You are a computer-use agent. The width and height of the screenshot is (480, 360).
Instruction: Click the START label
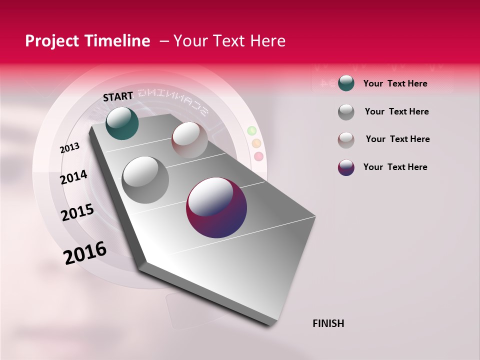118,96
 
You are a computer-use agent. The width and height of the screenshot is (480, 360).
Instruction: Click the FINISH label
328,323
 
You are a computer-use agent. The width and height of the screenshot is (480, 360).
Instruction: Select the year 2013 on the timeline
69,148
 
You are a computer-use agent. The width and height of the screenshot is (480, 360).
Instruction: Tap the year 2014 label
73,177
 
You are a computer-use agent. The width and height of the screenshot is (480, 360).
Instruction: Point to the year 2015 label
77,212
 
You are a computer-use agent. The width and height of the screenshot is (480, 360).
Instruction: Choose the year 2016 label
85,253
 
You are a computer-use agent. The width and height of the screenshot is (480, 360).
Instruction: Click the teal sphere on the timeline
122,123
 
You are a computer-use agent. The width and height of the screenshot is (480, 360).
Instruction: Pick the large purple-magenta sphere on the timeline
216,208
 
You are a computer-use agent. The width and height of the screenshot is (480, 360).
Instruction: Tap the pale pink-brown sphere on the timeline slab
189,139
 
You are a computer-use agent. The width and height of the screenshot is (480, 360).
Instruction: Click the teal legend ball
346,83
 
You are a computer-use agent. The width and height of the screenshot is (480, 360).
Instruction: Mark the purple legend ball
346,167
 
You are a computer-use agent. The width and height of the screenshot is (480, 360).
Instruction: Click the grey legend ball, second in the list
346,112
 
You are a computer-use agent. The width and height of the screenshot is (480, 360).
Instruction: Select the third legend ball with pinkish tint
346,139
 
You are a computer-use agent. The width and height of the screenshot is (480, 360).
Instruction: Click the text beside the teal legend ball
395,83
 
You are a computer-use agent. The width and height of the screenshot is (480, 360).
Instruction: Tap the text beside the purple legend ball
395,167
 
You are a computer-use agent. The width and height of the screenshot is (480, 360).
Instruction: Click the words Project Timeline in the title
87,41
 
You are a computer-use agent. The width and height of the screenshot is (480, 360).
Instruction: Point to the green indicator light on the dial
251,131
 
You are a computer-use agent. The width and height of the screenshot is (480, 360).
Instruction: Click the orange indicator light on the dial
256,143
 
